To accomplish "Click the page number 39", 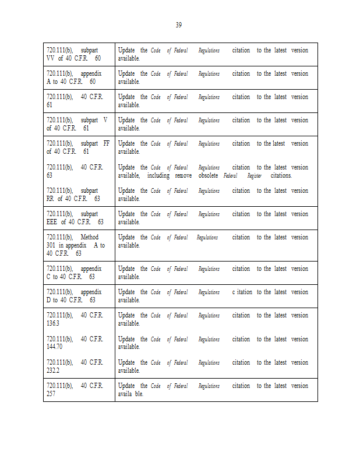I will [179, 24].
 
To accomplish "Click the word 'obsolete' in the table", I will [207, 175].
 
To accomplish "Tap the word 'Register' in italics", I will [255, 176].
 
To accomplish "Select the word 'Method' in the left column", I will [90, 237].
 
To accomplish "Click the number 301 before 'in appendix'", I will [51, 245].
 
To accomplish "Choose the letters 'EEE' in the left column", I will [52, 222].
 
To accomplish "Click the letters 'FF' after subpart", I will [106, 143].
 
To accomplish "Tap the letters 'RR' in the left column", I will [51, 199].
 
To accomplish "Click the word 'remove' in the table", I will [183, 175].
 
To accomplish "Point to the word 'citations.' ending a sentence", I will [281, 175].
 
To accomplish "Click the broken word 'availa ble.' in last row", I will [130, 394].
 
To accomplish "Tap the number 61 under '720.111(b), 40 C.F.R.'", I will [50, 105].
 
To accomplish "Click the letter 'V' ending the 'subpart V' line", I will [105, 120].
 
